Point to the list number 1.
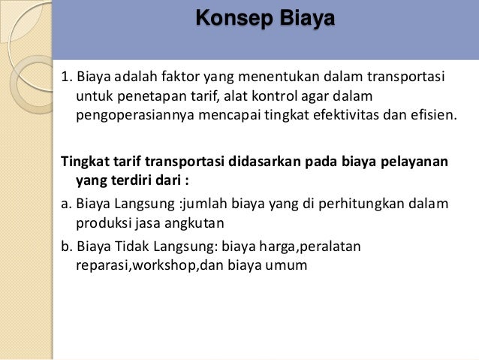point(66,79)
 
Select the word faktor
point(185,79)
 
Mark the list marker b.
point(65,247)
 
